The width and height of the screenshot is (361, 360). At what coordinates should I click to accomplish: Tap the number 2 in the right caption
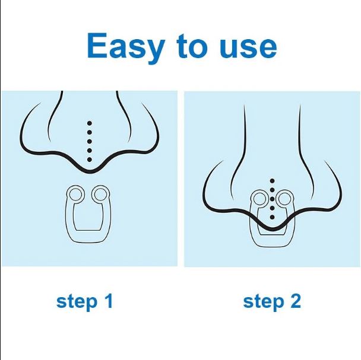point(295,301)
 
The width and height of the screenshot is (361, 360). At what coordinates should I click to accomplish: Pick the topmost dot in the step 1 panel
point(89,124)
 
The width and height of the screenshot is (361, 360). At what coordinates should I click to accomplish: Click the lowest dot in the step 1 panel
point(89,160)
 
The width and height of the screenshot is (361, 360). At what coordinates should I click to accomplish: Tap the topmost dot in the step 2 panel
point(272,180)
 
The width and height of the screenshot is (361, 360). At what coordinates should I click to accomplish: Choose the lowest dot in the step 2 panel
point(272,218)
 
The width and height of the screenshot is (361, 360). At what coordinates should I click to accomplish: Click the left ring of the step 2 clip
point(259,199)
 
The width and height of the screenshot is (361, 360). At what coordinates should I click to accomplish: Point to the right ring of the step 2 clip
point(284,199)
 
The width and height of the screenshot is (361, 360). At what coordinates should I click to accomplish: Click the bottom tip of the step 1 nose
point(89,171)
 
